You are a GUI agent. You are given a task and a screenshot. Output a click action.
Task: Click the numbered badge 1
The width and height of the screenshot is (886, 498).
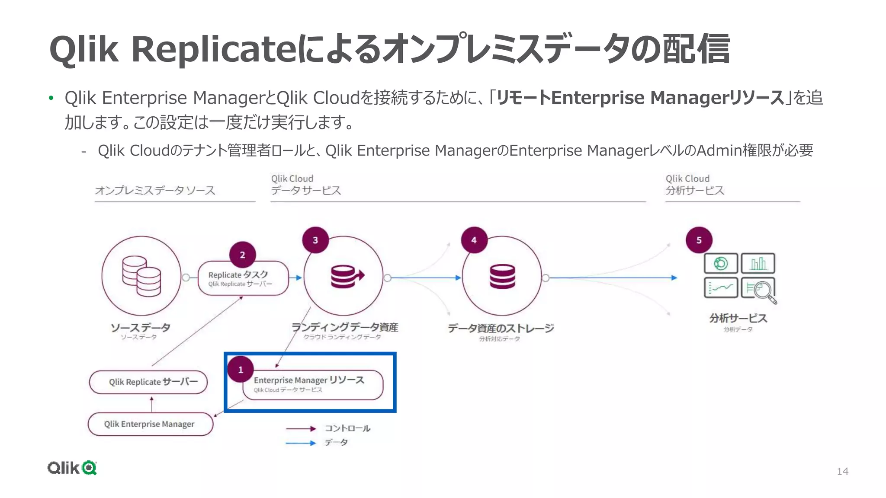pyautogui.click(x=241, y=370)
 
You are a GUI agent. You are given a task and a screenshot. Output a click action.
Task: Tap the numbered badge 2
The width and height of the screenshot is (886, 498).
pyautogui.click(x=242, y=255)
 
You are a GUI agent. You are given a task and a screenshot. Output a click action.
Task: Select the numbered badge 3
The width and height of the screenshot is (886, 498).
pyautogui.click(x=315, y=240)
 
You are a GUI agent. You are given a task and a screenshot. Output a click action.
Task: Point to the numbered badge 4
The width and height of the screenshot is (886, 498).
pyautogui.click(x=474, y=240)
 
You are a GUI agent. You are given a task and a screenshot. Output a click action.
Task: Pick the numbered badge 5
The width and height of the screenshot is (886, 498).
pyautogui.click(x=699, y=240)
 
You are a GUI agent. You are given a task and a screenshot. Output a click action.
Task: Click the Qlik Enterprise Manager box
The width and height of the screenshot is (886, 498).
pyautogui.click(x=150, y=424)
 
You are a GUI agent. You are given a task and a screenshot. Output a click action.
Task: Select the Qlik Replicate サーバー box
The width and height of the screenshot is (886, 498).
pyautogui.click(x=148, y=382)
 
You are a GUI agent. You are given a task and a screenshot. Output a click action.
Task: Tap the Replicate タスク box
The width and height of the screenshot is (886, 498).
pyautogui.click(x=243, y=278)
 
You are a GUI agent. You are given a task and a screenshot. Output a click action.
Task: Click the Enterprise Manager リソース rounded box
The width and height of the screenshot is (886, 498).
pyautogui.click(x=312, y=384)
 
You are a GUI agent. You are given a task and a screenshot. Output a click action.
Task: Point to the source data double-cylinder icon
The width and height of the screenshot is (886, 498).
pyautogui.click(x=141, y=276)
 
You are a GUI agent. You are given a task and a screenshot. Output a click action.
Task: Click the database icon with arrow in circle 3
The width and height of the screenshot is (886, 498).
pyautogui.click(x=346, y=277)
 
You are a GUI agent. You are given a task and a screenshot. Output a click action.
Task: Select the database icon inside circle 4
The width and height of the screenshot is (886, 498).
pyautogui.click(x=502, y=277)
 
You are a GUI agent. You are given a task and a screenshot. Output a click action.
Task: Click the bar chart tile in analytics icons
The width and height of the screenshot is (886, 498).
pyautogui.click(x=758, y=263)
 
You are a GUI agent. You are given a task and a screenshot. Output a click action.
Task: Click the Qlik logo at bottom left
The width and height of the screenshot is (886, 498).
pyautogui.click(x=72, y=468)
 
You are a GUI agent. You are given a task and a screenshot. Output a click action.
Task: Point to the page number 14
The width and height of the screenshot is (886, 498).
pyautogui.click(x=842, y=471)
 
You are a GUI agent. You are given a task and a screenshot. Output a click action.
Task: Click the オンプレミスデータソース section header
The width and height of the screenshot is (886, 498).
pyautogui.click(x=155, y=191)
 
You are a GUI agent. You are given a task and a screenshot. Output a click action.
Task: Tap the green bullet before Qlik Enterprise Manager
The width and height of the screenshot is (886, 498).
pyautogui.click(x=51, y=98)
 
